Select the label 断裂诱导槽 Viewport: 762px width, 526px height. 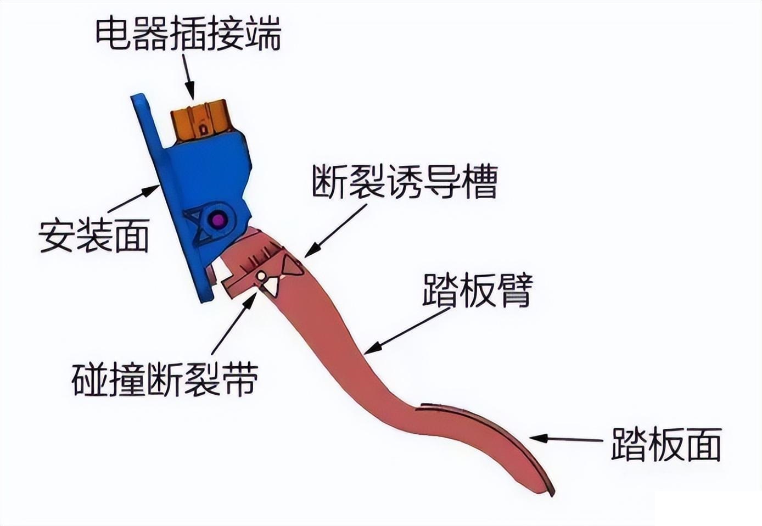pyautogui.click(x=405, y=182)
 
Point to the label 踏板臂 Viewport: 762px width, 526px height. pyautogui.click(x=477, y=290)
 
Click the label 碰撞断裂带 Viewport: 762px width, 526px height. pyautogui.click(x=165, y=379)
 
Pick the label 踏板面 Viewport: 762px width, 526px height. pyautogui.click(x=665, y=444)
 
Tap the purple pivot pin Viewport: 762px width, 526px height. pyautogui.click(x=219, y=220)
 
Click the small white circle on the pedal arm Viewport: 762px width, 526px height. pyautogui.click(x=261, y=275)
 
